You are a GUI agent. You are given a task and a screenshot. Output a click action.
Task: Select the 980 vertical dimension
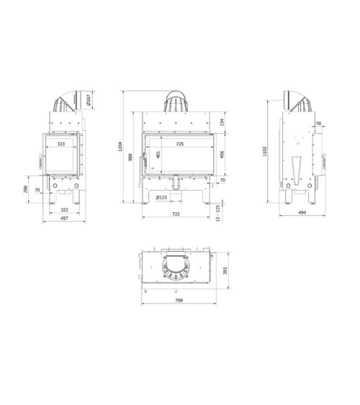(x=131, y=156)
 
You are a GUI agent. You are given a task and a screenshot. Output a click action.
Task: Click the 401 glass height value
(x=158, y=154)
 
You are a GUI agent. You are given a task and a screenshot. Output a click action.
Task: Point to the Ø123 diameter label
(x=161, y=197)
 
